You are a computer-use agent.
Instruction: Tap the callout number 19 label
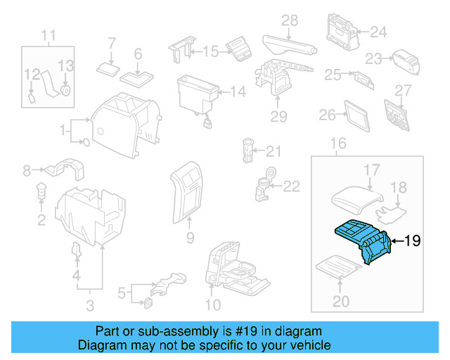tap(412, 241)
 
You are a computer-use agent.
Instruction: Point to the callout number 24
tap(378, 32)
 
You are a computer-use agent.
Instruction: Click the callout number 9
tap(189, 239)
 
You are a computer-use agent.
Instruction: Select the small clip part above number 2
tap(41, 190)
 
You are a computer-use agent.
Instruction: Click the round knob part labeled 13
tap(65, 90)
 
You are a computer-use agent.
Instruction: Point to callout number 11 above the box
tap(48, 35)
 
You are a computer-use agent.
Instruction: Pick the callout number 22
tap(291, 186)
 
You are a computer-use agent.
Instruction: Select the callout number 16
tap(339, 144)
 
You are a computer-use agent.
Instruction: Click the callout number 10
tap(212, 304)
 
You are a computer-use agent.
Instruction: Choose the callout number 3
tap(89, 304)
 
